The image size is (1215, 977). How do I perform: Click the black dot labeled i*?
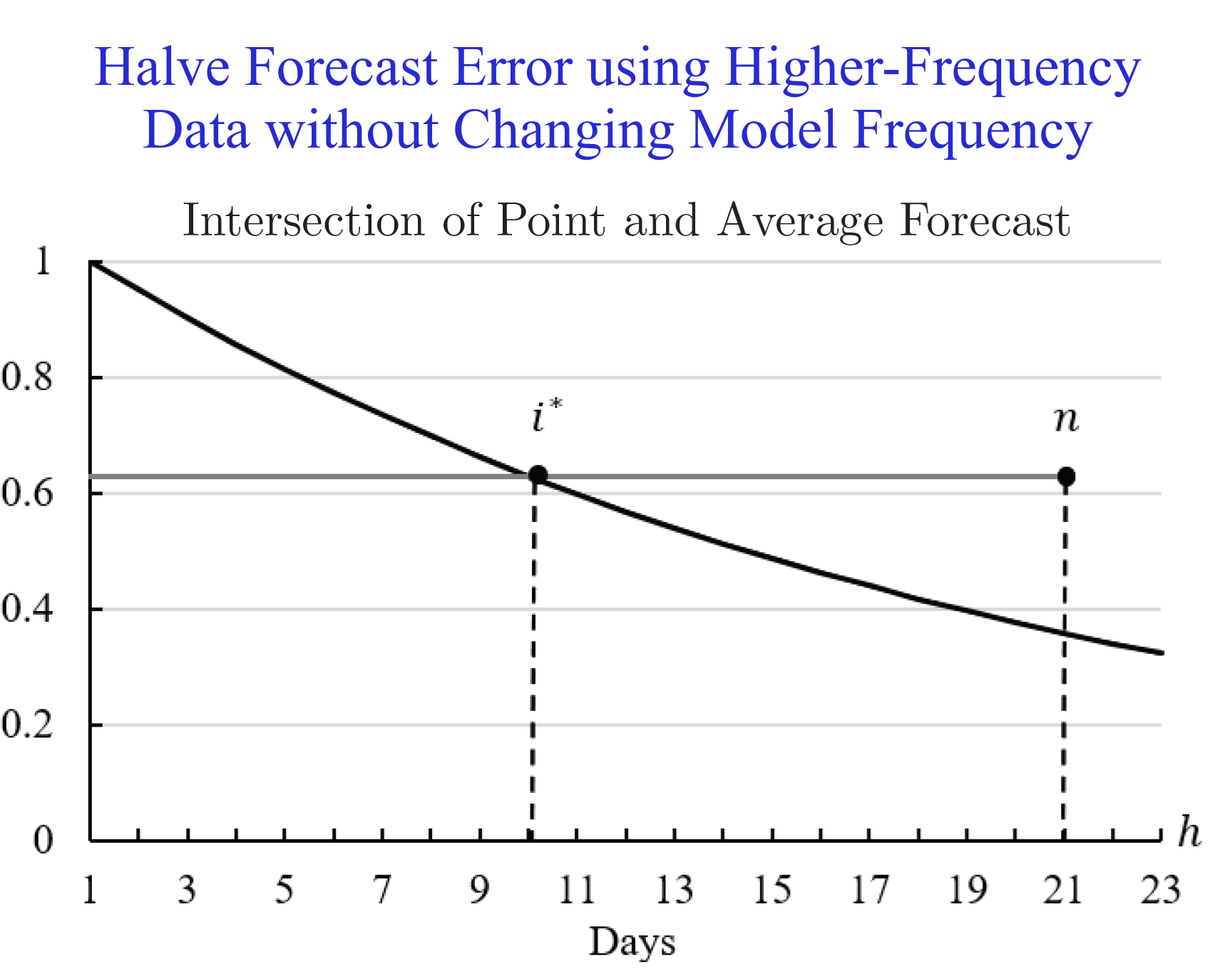point(538,475)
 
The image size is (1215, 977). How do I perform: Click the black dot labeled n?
point(1066,476)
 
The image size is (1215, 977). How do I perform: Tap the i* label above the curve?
point(547,416)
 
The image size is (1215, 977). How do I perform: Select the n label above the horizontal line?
point(1066,421)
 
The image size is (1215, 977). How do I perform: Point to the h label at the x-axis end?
point(1189,832)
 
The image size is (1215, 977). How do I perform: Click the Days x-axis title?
point(632,943)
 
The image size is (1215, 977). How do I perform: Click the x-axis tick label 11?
point(576,890)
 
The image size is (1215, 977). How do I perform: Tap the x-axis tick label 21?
point(1062,890)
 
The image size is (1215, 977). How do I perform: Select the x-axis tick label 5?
point(284,890)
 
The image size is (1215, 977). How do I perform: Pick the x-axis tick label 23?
point(1161,890)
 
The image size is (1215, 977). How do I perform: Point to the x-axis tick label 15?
point(772,890)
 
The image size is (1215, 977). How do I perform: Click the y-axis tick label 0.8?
point(27,377)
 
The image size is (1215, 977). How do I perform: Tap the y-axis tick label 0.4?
point(27,609)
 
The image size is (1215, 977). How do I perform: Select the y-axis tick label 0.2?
point(27,725)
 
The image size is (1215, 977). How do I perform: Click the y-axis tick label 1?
point(43,261)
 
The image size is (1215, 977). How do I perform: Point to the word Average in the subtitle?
point(800,222)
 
